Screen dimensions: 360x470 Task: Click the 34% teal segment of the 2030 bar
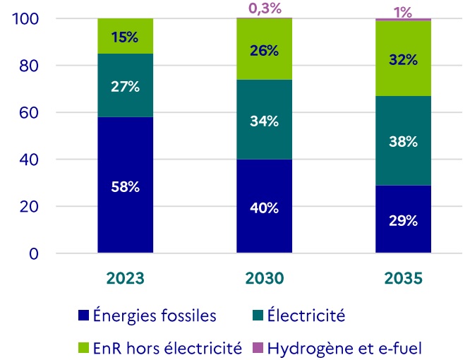point(265,119)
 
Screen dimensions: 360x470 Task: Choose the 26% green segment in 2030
point(265,49)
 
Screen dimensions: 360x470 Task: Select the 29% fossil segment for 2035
point(403,220)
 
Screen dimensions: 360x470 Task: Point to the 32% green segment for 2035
point(403,59)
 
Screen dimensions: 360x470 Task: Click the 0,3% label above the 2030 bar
point(265,8)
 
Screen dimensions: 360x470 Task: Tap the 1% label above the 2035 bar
point(403,11)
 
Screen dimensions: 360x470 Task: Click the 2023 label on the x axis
point(126,278)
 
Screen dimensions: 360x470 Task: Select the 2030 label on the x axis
point(265,278)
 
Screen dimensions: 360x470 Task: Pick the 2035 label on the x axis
point(403,278)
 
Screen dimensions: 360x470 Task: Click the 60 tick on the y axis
point(32,113)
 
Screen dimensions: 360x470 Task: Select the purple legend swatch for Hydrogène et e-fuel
point(258,348)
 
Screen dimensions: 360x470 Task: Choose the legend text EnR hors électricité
point(167,348)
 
